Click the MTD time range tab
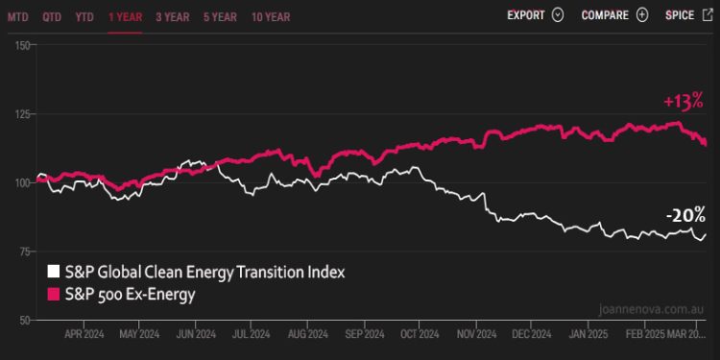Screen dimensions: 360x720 click(x=17, y=16)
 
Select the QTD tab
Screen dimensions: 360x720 click(x=52, y=16)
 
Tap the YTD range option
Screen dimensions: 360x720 click(x=85, y=16)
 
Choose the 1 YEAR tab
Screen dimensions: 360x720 click(x=125, y=16)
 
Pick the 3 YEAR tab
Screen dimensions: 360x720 click(x=172, y=16)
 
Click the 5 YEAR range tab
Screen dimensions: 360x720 click(x=220, y=16)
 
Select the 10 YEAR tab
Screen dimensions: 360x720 click(x=271, y=16)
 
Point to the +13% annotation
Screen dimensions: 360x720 click(x=683, y=101)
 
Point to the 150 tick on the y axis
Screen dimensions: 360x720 click(x=24, y=45)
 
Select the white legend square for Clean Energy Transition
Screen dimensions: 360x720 click(x=55, y=273)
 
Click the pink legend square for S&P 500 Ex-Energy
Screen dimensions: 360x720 click(x=55, y=295)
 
